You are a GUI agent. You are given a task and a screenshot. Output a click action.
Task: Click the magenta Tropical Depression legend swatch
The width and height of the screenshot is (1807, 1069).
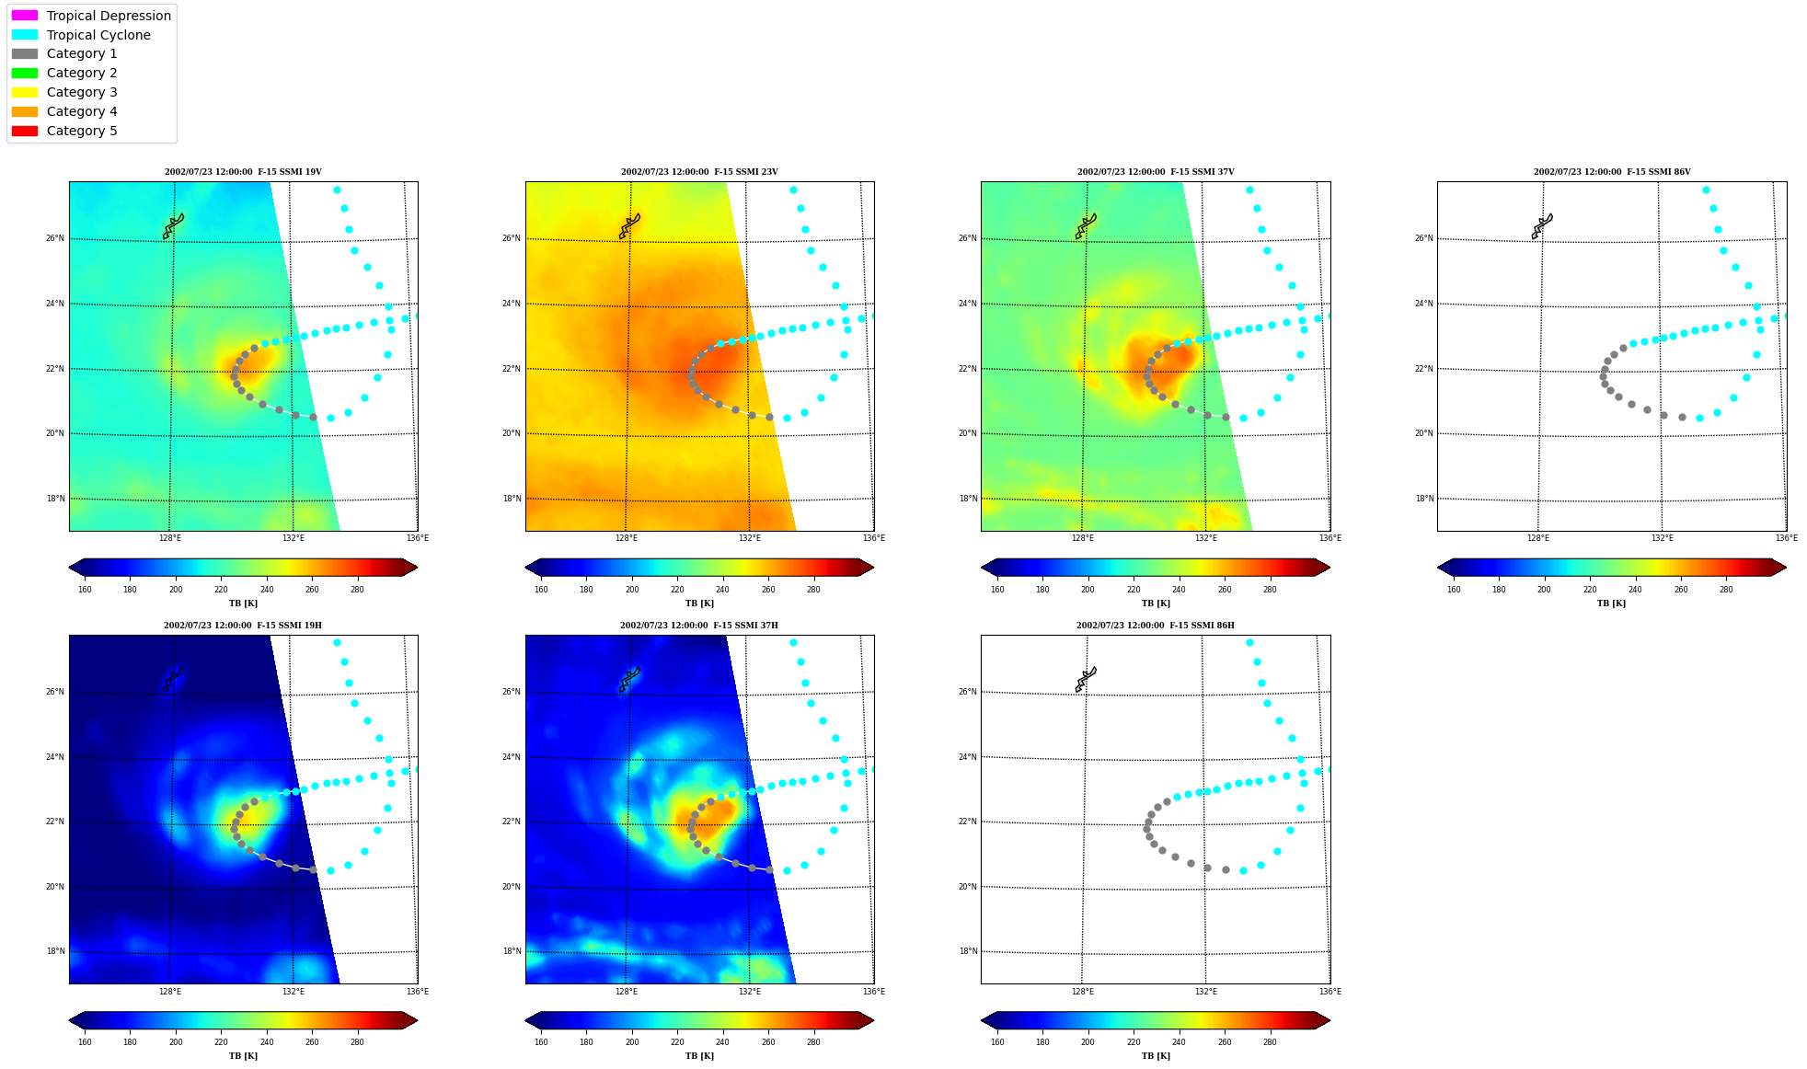[25, 16]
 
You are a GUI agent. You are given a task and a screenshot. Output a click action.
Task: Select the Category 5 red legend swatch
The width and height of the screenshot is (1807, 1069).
[25, 131]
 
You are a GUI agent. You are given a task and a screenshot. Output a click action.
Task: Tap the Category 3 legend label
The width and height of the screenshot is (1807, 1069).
[82, 92]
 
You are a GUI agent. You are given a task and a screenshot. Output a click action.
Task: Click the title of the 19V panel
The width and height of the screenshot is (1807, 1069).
[243, 172]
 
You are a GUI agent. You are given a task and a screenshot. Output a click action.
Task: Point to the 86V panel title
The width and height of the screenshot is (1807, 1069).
[1612, 172]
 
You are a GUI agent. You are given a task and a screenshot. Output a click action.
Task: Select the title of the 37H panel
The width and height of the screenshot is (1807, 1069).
[699, 626]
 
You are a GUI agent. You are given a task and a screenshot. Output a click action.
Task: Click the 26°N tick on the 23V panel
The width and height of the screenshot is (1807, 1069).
[512, 238]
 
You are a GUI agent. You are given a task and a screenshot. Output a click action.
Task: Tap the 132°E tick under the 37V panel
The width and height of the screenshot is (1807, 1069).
[1206, 538]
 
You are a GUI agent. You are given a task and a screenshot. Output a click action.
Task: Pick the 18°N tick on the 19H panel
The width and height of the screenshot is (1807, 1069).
[55, 951]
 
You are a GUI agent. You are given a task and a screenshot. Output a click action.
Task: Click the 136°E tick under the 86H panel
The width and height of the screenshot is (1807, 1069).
[1330, 992]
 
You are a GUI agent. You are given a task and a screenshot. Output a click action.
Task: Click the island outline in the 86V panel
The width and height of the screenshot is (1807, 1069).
[1542, 226]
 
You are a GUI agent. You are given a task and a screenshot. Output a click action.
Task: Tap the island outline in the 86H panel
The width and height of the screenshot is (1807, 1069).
[1086, 680]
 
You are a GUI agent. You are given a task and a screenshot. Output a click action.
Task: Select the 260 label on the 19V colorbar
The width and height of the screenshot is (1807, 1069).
[312, 590]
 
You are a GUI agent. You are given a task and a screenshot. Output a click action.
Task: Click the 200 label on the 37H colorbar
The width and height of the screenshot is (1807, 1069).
[632, 1042]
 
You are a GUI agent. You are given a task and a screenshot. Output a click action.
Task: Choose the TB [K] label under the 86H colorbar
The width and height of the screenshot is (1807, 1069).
[1156, 1056]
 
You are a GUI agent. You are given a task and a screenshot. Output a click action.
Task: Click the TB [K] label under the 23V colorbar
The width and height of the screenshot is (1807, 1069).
[699, 603]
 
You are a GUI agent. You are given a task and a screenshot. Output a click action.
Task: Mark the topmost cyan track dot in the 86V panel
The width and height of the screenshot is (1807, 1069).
[1706, 190]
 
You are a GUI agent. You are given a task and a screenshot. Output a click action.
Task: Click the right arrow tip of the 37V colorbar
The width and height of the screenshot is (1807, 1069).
[1329, 568]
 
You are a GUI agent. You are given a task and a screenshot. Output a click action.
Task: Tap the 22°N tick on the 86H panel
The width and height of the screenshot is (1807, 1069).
[968, 822]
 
